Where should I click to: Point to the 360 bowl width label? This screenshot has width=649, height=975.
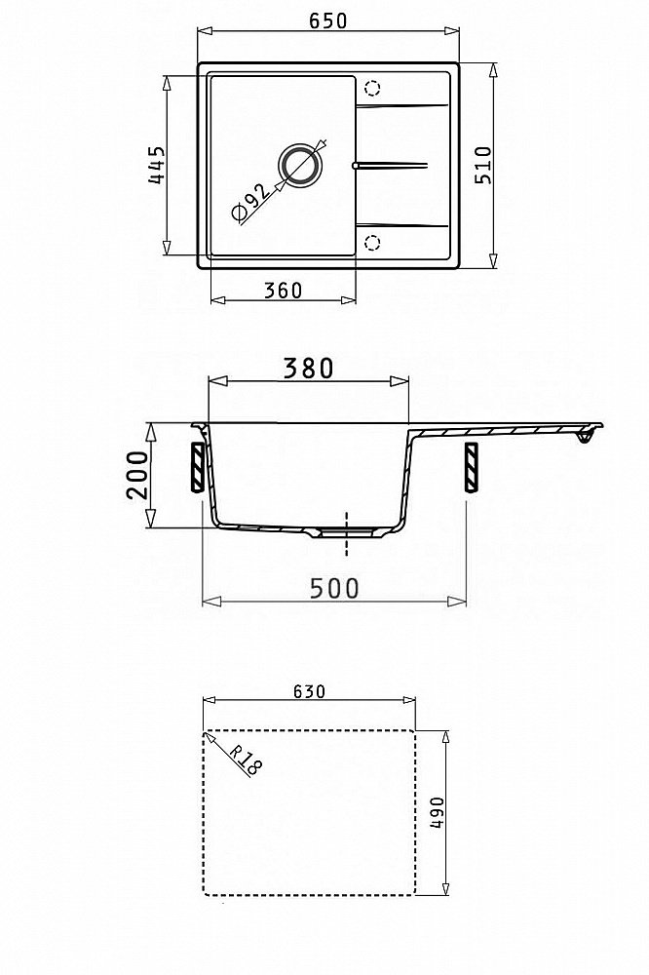283,290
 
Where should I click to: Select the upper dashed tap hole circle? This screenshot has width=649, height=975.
372,87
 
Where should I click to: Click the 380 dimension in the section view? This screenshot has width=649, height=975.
307,368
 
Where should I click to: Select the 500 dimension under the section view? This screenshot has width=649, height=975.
333,588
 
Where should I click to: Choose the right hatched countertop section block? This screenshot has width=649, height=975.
473,467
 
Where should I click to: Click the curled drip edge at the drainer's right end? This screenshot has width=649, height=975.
585,440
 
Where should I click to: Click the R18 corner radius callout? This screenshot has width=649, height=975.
248,760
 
